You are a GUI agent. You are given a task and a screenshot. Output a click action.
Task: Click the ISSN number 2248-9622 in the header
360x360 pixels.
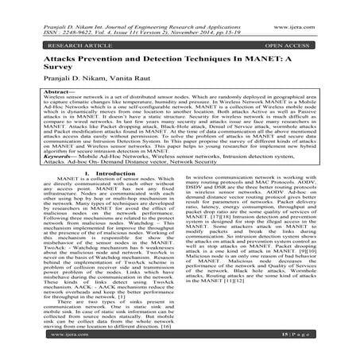coord(56,17)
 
